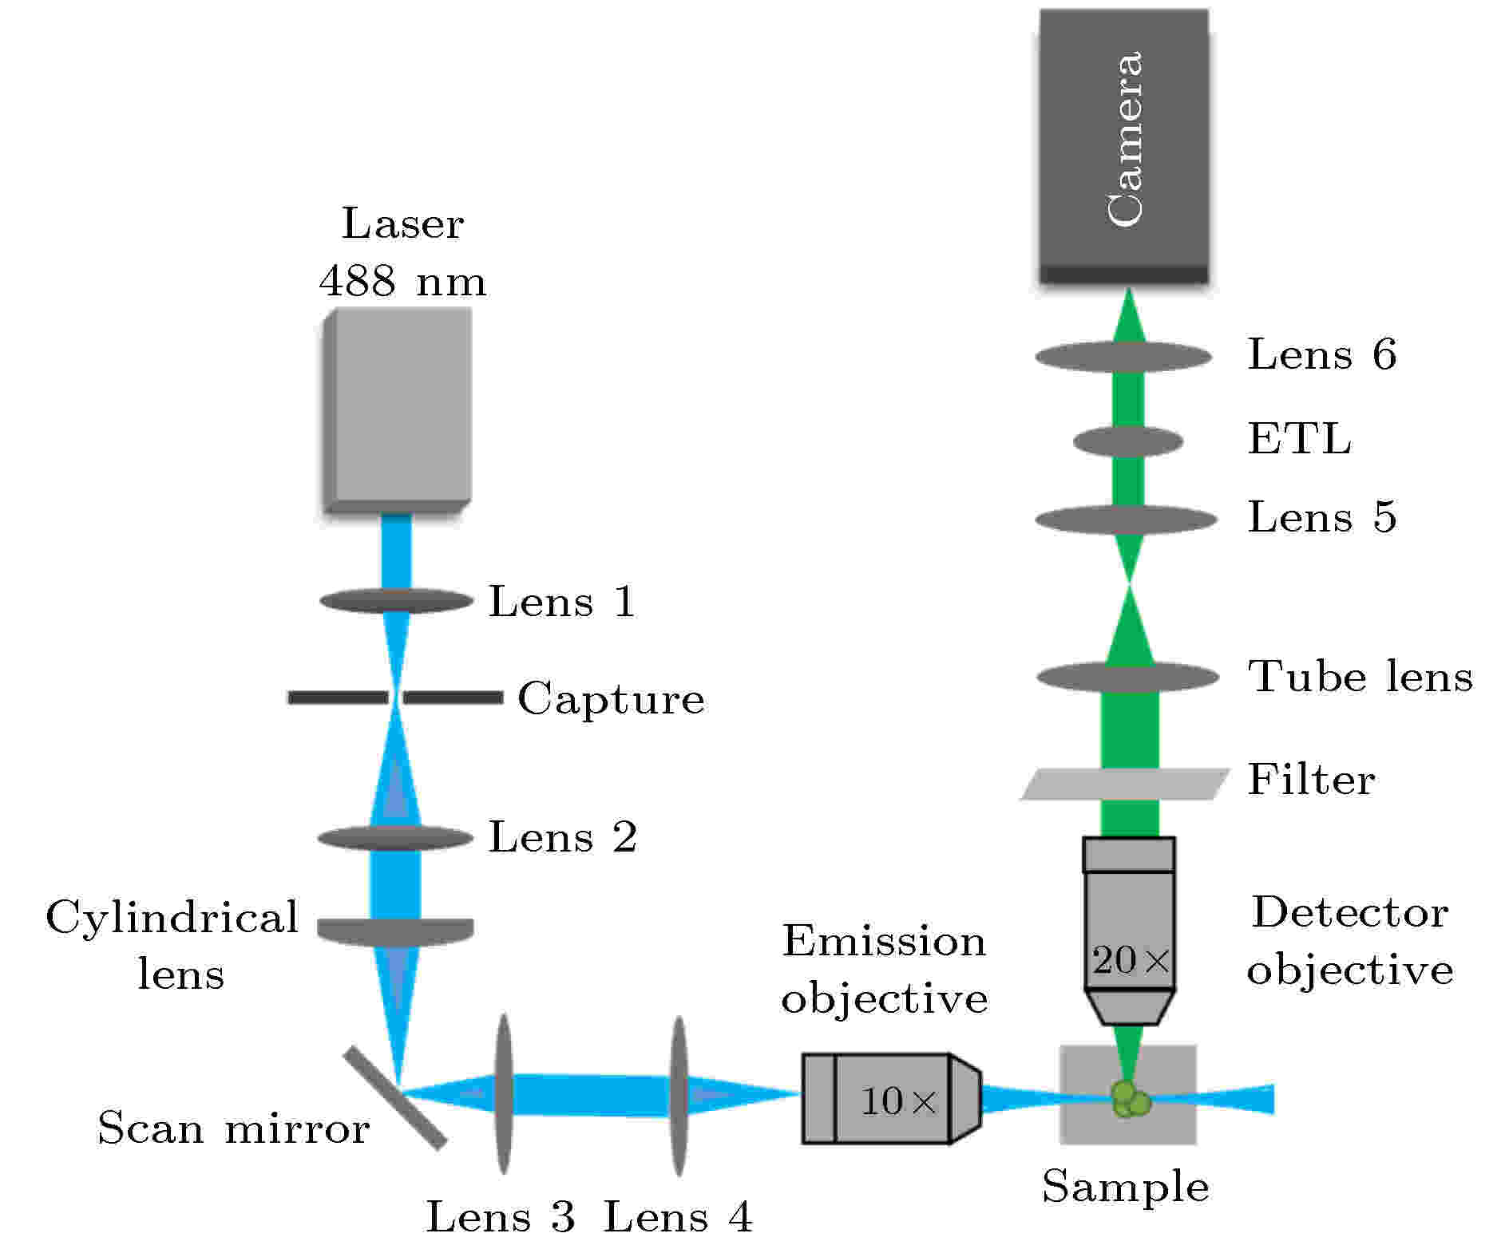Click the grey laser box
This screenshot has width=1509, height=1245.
tap(397, 410)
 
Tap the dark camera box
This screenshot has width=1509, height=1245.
tap(1123, 147)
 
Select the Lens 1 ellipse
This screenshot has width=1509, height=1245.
tap(397, 601)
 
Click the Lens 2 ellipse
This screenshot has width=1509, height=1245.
tap(396, 838)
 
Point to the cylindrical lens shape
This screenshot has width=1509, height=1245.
tap(396, 932)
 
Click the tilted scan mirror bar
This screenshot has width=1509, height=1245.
tap(394, 1098)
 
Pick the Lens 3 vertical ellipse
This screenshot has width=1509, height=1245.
tap(503, 1094)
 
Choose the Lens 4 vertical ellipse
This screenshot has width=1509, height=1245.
tap(679, 1096)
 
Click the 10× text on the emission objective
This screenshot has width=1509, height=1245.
tap(898, 1102)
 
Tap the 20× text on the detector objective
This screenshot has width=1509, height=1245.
tap(1131, 961)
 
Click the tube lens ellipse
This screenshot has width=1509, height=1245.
tap(1128, 678)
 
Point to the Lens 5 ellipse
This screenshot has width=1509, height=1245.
tap(1127, 520)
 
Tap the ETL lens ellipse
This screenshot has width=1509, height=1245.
tap(1128, 441)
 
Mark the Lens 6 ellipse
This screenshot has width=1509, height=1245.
tap(1124, 357)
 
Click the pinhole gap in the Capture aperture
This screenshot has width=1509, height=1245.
tap(396, 698)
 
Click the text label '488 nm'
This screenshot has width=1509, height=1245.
tap(403, 281)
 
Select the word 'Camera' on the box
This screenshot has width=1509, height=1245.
tap(1126, 140)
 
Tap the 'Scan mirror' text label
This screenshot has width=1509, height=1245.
tap(233, 1128)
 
